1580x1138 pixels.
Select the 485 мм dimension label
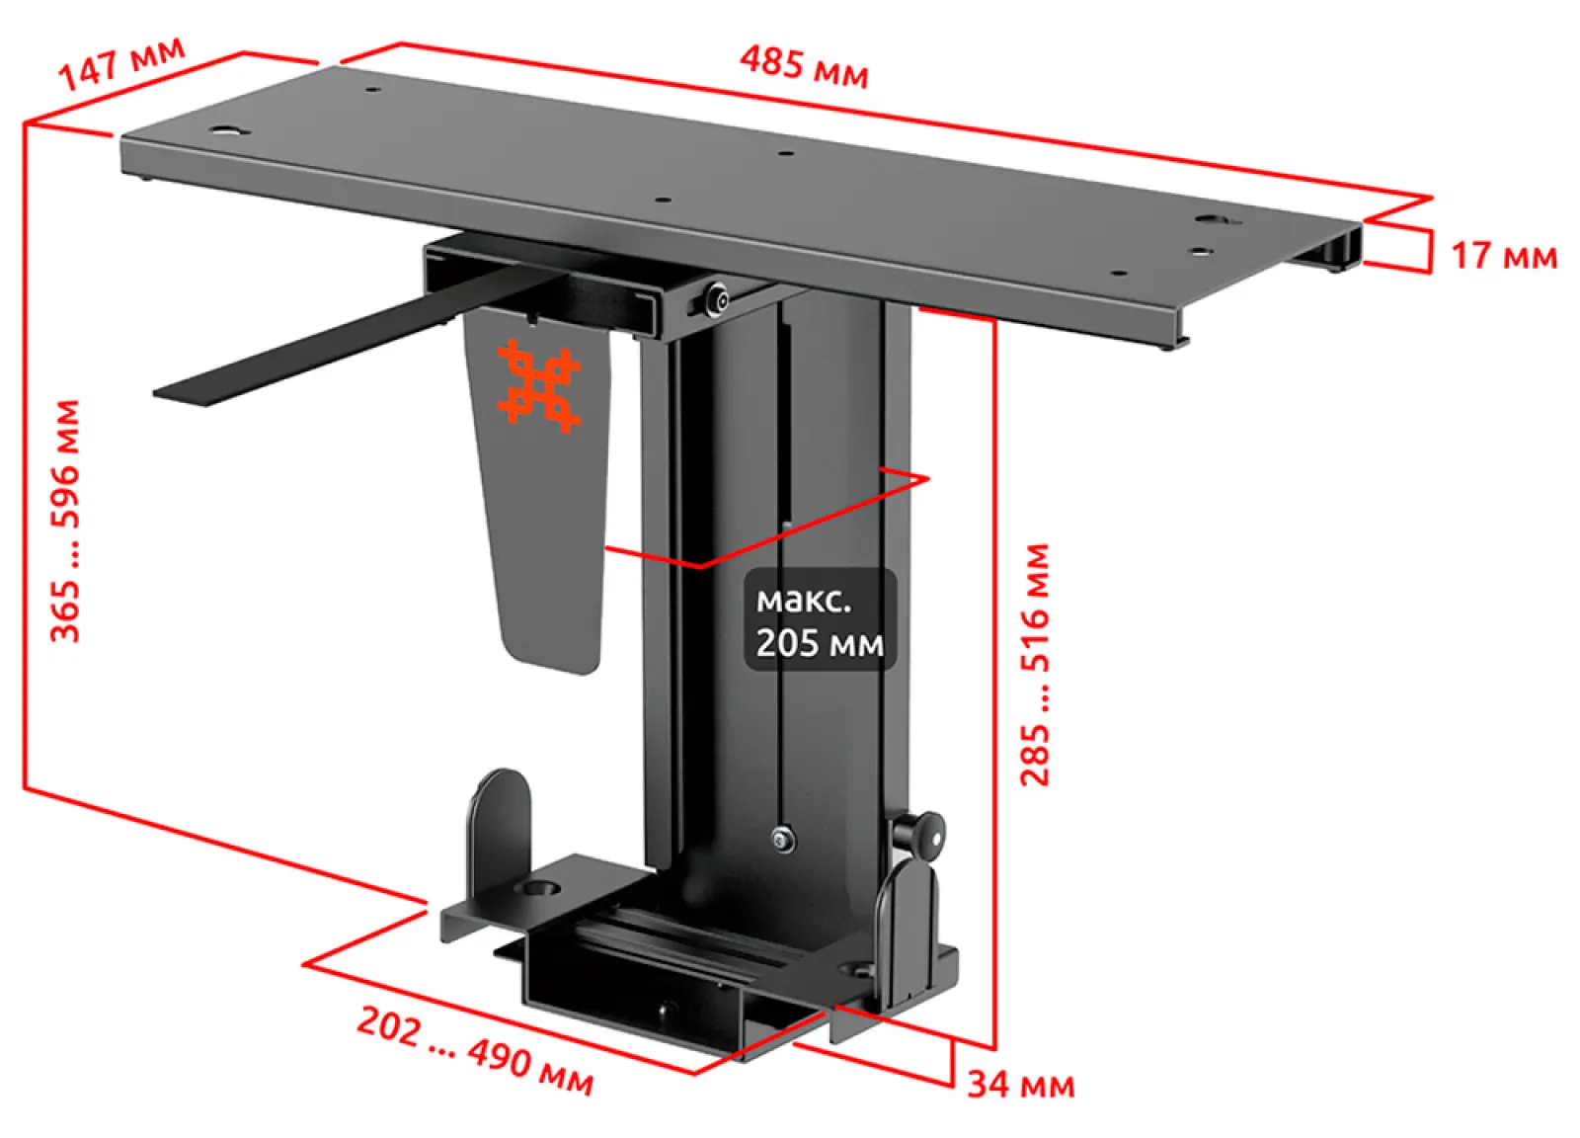pyautogui.click(x=804, y=67)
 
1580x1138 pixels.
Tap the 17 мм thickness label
pyautogui.click(x=1504, y=256)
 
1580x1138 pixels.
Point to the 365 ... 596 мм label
pyautogui.click(x=65, y=522)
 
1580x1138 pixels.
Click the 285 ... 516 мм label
pyautogui.click(x=1035, y=665)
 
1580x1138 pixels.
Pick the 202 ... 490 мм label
pyautogui.click(x=475, y=1051)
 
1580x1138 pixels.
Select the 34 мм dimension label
pyautogui.click(x=1021, y=1085)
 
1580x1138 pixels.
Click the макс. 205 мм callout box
pyautogui.click(x=820, y=619)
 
